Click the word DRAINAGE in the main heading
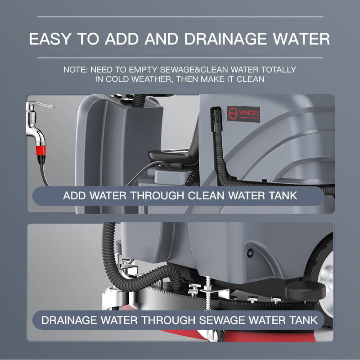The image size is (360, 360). [x=225, y=39]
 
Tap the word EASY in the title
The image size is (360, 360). [x=49, y=39]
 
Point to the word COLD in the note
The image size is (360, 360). [x=117, y=79]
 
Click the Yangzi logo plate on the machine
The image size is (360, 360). [x=243, y=114]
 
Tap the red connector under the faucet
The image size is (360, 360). [x=40, y=150]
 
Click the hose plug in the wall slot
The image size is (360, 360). [x=216, y=119]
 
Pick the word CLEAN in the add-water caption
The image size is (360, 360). [x=206, y=196]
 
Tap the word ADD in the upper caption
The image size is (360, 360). [x=74, y=196]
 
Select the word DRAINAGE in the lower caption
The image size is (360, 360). [x=69, y=320]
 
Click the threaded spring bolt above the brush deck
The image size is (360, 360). [x=208, y=293]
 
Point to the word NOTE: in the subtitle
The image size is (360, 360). [x=76, y=70]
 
